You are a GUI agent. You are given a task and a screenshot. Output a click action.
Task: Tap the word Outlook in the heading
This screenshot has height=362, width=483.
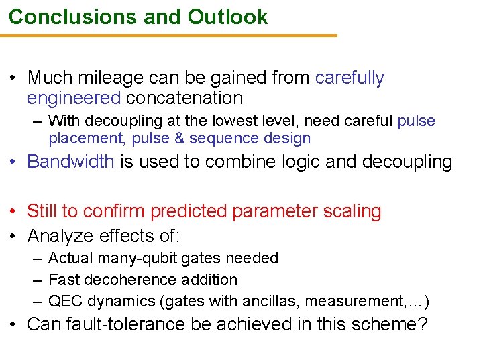coord(227,17)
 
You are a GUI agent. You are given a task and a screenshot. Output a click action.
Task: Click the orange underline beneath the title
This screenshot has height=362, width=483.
coord(168,36)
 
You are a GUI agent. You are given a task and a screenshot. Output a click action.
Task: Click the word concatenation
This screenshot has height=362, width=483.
coord(184,98)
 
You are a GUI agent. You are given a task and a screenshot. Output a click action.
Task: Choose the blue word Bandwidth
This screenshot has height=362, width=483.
coord(70,162)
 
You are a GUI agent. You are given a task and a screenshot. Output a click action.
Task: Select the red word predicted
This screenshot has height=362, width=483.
coord(189,211)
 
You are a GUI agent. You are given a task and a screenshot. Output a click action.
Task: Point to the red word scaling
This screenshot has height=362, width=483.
coord(347,211)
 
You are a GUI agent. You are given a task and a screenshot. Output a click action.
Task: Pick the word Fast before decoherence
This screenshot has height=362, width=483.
coord(64,280)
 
